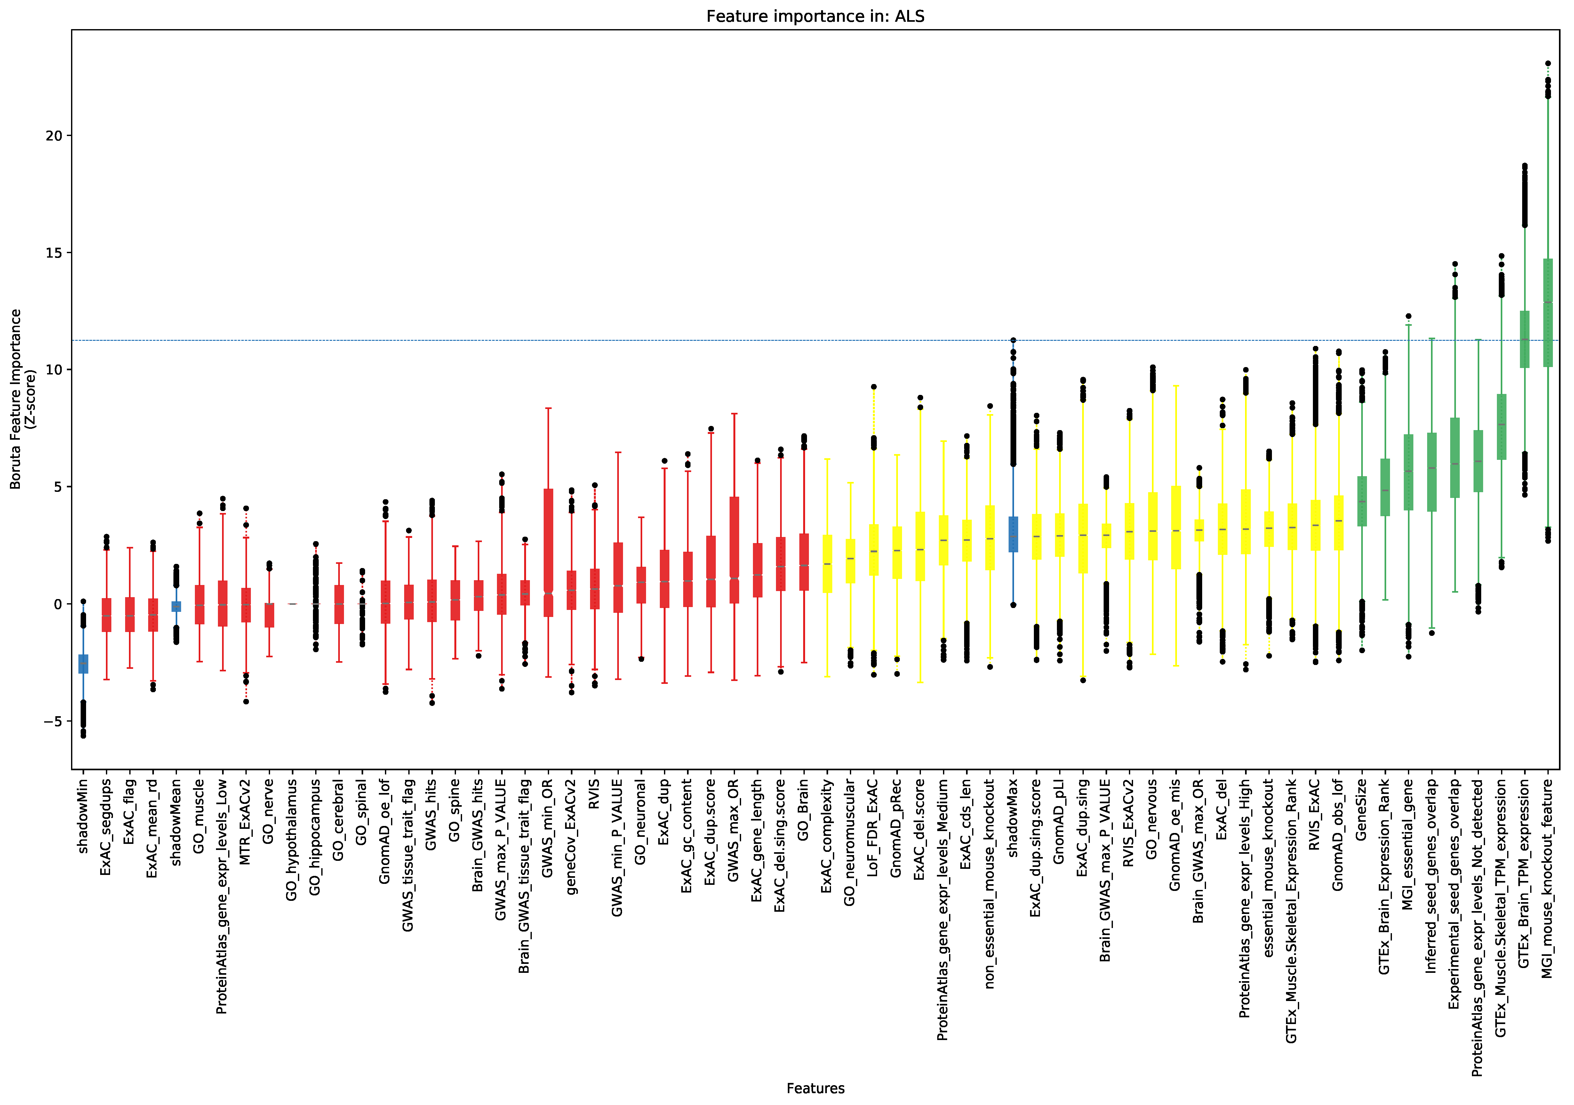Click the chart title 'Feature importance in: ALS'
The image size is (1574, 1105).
click(815, 16)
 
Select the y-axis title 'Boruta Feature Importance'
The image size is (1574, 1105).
click(15, 399)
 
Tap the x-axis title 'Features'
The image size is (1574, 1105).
click(815, 1088)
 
